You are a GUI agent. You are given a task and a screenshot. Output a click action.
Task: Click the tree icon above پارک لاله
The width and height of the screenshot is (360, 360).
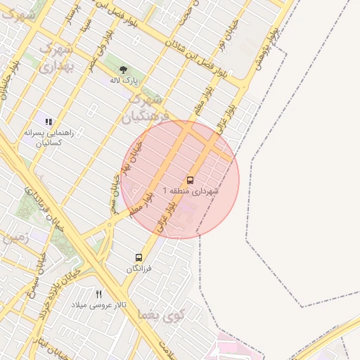click(124, 70)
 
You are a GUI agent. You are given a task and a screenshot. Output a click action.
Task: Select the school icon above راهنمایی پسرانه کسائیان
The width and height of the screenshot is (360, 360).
click(49, 122)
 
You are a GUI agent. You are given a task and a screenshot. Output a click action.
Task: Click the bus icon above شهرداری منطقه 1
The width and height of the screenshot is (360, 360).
click(190, 180)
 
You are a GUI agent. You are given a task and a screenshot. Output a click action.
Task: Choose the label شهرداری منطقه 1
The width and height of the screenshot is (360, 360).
click(191, 191)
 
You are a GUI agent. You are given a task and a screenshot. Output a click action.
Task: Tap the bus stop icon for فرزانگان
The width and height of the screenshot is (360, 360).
click(139, 257)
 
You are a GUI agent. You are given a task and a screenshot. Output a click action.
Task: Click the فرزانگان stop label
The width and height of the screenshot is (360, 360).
click(139, 269)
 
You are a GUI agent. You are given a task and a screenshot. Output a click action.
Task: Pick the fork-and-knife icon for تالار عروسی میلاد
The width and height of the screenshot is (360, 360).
click(99, 294)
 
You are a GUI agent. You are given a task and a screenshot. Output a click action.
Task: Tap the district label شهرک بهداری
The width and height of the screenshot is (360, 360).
click(57, 58)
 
